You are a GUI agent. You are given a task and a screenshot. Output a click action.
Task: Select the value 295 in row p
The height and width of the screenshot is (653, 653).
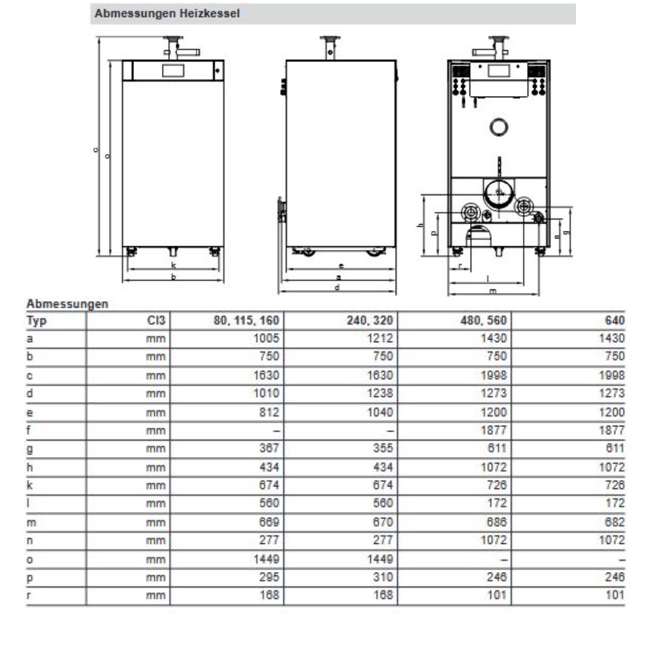pos(270,577)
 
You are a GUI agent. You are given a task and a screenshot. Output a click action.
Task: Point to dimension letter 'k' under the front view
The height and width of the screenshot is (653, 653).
pos(173,265)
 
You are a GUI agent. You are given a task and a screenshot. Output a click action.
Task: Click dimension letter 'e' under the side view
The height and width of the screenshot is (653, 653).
pos(341,266)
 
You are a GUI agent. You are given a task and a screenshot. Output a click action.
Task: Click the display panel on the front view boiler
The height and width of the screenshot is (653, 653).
pos(173,70)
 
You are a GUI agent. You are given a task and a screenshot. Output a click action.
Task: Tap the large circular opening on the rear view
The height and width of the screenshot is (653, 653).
pos(500,128)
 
